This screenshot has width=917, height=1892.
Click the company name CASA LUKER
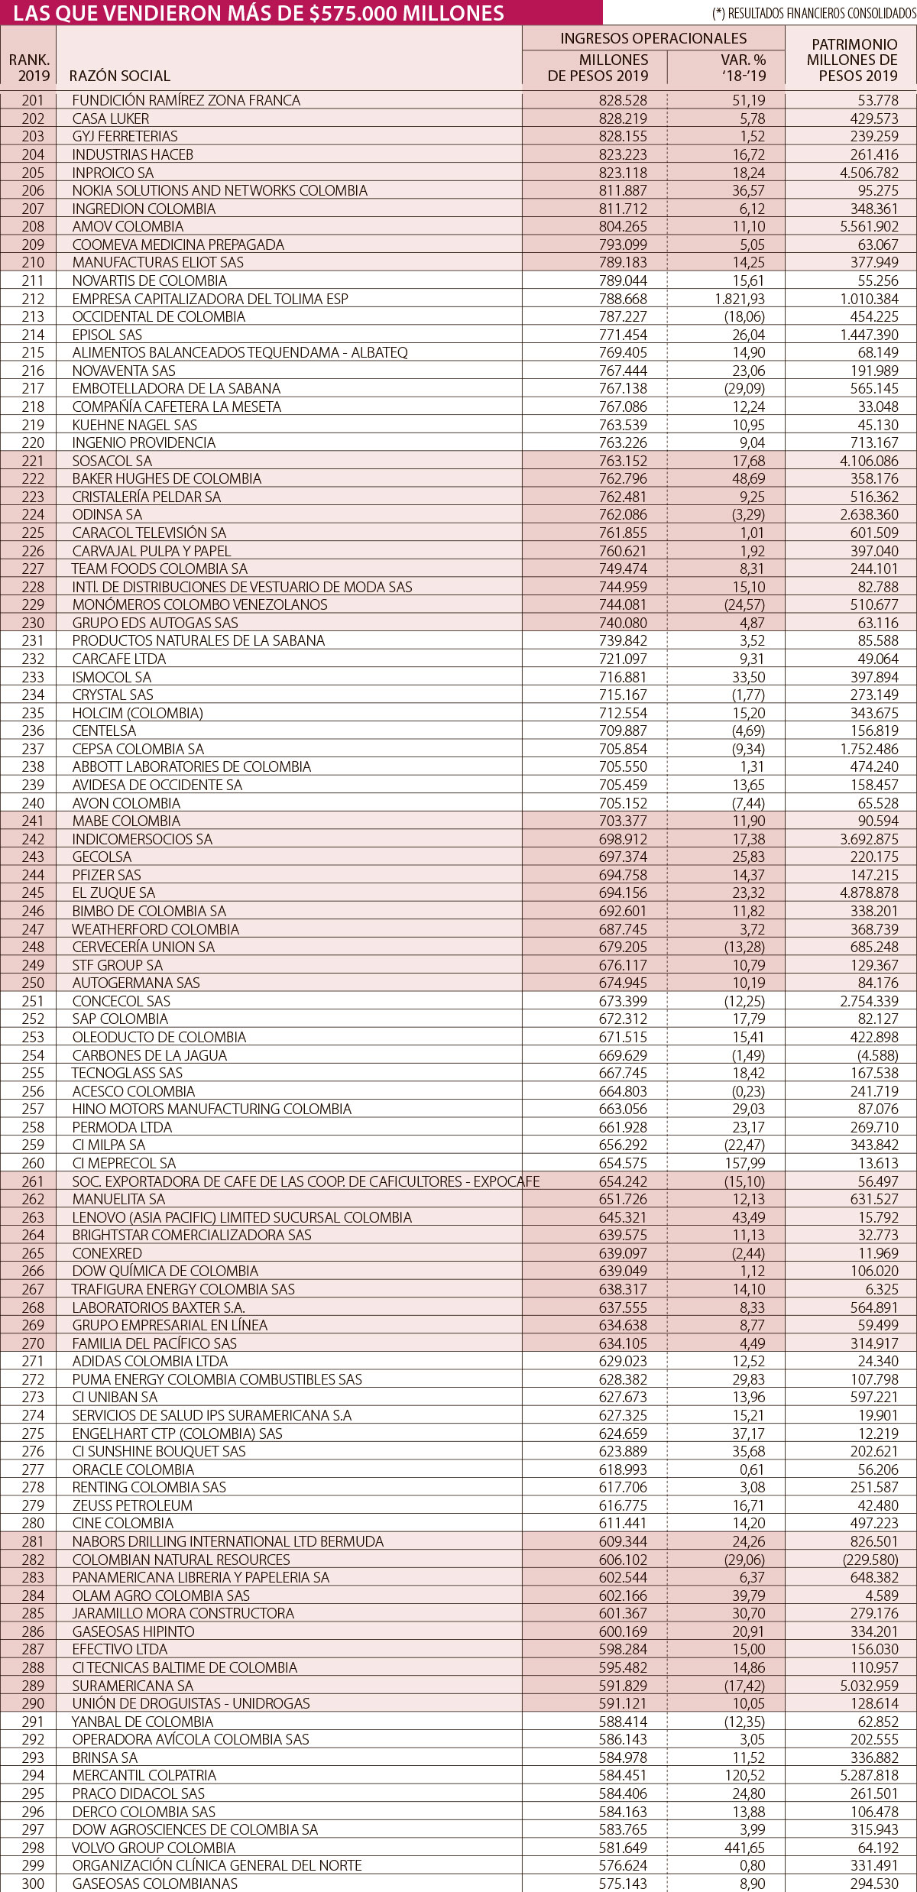click(111, 118)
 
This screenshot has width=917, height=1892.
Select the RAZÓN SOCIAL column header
click(120, 76)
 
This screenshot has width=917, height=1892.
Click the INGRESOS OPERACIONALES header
click(653, 38)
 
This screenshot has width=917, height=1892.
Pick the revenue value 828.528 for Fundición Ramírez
click(623, 100)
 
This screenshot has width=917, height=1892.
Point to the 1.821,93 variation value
click(740, 299)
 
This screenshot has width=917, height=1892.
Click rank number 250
click(33, 983)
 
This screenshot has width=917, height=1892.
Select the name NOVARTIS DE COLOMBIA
click(150, 280)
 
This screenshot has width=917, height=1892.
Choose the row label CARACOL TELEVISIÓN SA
click(150, 533)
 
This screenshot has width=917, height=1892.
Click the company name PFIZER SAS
click(107, 875)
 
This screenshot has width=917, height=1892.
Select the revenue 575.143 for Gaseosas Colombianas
click(623, 1884)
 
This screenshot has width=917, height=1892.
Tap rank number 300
click(33, 1884)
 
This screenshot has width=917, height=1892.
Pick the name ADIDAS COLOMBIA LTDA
click(151, 1361)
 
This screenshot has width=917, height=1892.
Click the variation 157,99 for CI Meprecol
click(745, 1163)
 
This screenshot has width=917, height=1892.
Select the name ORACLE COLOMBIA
click(134, 1469)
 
